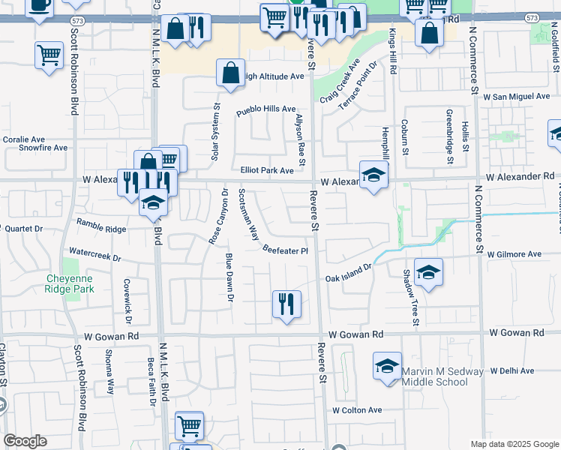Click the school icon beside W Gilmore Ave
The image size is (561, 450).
(428, 272)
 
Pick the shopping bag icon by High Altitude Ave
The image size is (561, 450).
(231, 73)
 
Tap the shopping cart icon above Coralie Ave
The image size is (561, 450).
(49, 55)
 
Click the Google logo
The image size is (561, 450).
(25, 441)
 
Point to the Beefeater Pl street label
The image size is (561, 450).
(286, 250)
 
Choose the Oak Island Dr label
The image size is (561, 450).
(348, 273)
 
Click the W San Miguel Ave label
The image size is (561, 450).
(517, 97)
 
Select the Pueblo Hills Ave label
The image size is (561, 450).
(266, 110)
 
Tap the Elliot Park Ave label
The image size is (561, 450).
(267, 170)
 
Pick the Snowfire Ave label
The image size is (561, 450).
(43, 148)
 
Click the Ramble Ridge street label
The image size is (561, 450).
(102, 225)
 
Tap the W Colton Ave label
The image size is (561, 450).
(358, 410)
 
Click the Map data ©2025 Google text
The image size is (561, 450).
(514, 443)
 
